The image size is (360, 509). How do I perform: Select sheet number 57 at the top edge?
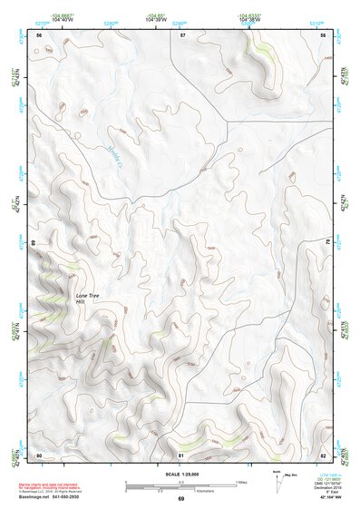pyautogui.click(x=182, y=34)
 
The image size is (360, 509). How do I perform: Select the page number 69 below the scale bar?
pyautogui.click(x=180, y=498)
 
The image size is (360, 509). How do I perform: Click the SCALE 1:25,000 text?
pyautogui.click(x=180, y=474)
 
